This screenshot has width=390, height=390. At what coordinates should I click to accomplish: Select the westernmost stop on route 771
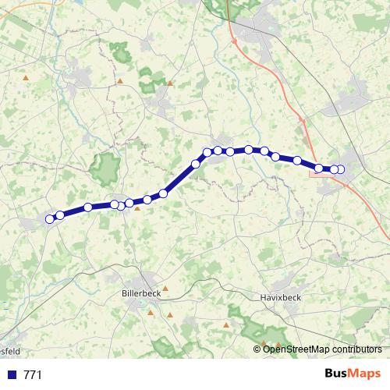50,219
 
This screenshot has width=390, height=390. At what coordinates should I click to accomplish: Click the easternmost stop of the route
340,169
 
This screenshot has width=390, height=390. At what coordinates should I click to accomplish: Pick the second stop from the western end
59,215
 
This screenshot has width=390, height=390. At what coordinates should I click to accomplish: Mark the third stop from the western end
88,207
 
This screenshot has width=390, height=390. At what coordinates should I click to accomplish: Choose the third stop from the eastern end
319,168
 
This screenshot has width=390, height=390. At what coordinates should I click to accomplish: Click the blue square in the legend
12,375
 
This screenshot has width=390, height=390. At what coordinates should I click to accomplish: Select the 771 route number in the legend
33,375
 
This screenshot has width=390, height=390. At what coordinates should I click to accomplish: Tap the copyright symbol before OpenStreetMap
257,349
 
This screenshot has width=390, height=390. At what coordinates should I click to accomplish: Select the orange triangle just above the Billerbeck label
165,288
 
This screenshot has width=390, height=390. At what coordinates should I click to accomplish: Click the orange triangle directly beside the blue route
137,207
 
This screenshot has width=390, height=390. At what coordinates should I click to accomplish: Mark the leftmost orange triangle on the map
27,78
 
